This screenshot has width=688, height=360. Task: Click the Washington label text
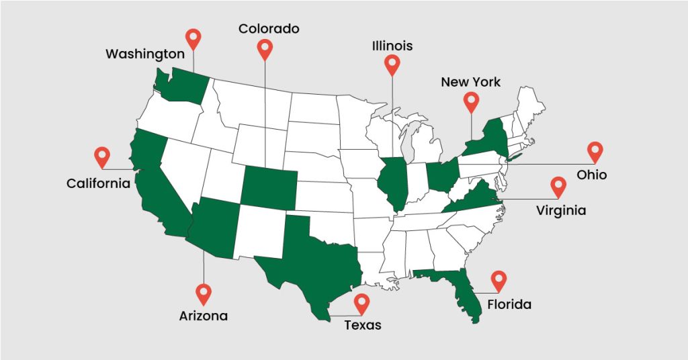tap(144, 54)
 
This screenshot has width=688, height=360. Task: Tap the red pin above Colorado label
tap(265, 48)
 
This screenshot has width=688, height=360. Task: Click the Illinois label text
tap(392, 46)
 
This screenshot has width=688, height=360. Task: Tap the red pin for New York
tap(471, 101)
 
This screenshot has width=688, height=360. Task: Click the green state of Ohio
tap(443, 175)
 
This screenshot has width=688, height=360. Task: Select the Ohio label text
tap(591, 175)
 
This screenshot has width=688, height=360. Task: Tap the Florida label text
tap(509, 305)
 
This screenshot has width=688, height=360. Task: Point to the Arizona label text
tap(203, 316)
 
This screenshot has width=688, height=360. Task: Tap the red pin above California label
tap(101, 156)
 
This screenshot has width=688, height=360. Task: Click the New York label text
tap(470, 82)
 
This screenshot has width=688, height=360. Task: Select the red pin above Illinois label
tap(392, 64)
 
